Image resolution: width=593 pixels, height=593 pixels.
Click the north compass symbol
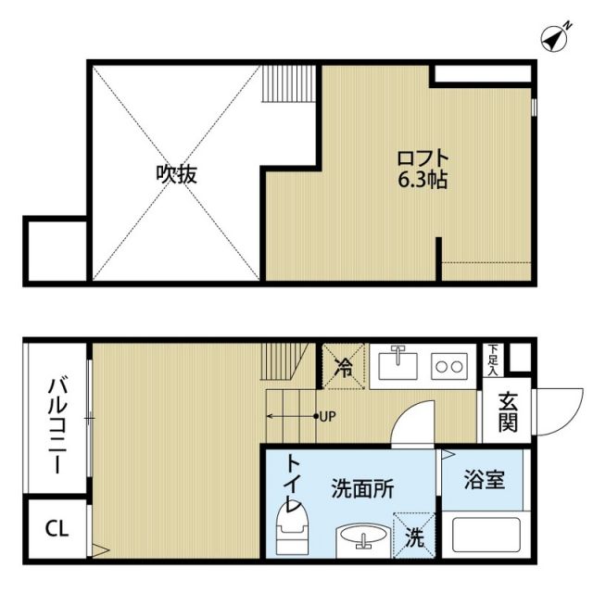coord(555,38)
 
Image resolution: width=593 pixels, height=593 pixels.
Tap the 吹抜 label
coord(176,173)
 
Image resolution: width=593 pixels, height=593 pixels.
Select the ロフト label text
coord(425,158)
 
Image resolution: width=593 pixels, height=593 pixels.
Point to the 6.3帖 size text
coord(425,180)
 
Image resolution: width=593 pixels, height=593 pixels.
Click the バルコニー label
coord(56,424)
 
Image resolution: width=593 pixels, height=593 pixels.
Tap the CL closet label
coord(57,529)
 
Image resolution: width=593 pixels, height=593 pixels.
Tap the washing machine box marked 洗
coord(414,535)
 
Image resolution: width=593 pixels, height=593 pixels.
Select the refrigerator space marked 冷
coord(344,366)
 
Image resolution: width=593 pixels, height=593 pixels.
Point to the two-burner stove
coord(448,366)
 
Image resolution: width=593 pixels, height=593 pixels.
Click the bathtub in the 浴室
coord(483,535)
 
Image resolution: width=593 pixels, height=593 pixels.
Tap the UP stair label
coord(326,416)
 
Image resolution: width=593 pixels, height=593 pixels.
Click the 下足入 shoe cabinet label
coord(493,360)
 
